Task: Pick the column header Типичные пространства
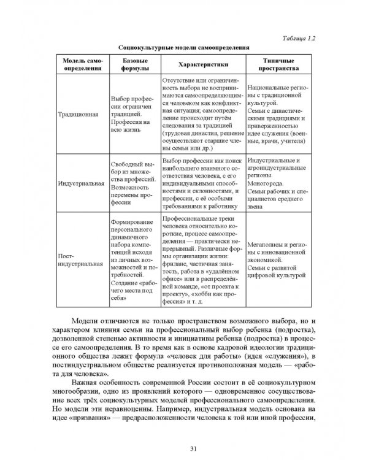(277, 64)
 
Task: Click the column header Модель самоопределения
(82, 64)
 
